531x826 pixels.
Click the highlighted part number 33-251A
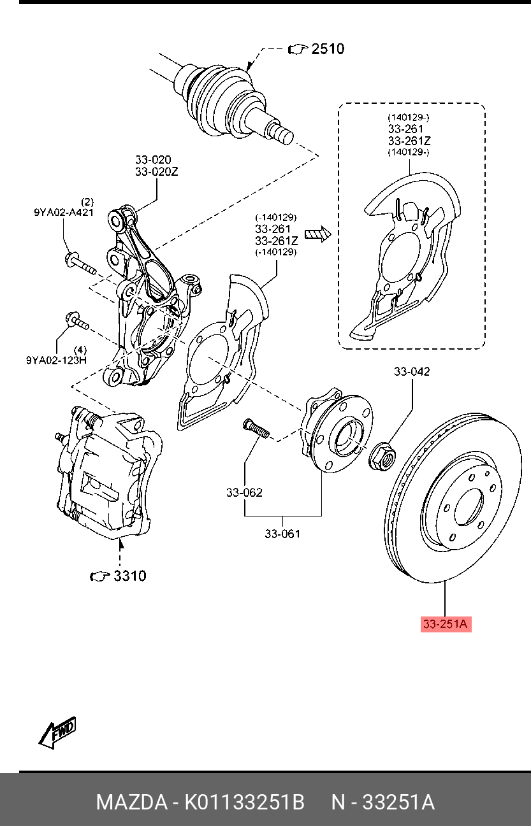[x=444, y=625]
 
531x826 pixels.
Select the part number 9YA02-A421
[x=64, y=213]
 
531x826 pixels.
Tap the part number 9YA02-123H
[x=57, y=360]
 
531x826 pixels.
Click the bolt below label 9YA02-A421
[x=79, y=262]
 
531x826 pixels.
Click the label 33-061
[x=282, y=534]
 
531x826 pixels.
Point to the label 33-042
[x=411, y=371]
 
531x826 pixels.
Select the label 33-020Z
[x=157, y=171]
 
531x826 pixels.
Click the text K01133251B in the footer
[x=244, y=802]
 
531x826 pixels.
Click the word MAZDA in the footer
[x=131, y=802]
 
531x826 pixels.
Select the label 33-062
[x=244, y=492]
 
